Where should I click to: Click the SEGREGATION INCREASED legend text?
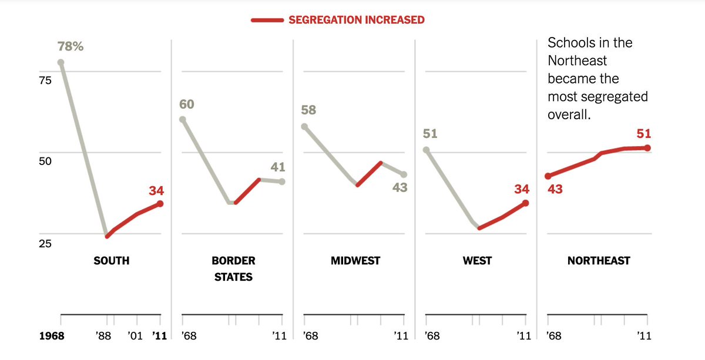click(356, 20)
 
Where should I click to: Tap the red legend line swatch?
click(267, 20)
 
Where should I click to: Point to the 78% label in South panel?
click(70, 46)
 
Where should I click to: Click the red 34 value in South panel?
click(156, 190)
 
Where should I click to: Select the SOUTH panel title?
click(111, 260)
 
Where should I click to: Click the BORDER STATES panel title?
click(233, 268)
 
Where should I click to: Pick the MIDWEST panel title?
click(355, 260)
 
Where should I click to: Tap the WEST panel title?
click(477, 260)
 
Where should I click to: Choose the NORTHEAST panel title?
click(598, 260)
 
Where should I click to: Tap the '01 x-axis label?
click(136, 337)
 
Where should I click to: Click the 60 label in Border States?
click(187, 105)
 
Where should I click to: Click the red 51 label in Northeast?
click(644, 133)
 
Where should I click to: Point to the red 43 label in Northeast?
click(555, 189)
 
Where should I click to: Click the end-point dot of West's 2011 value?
click(525, 203)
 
